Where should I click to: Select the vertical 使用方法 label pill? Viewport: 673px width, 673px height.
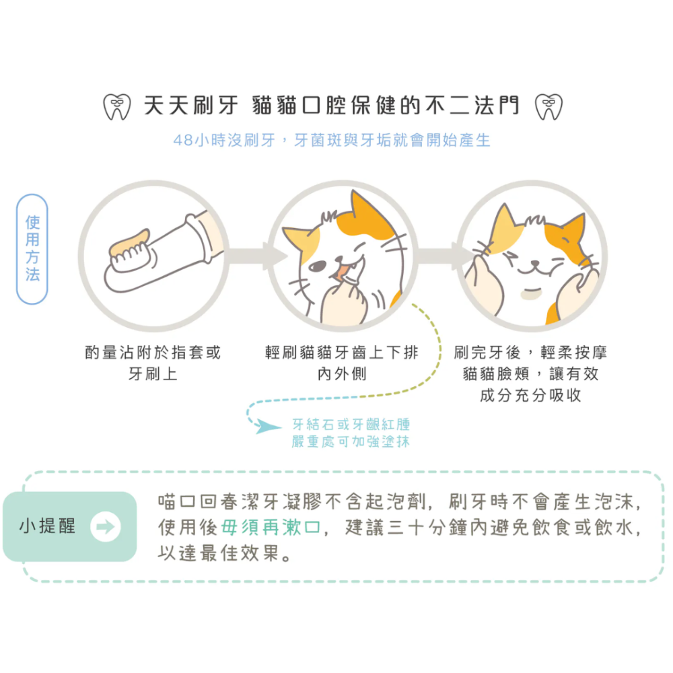click(x=32, y=249)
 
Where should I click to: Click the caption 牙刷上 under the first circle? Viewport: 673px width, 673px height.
click(x=153, y=374)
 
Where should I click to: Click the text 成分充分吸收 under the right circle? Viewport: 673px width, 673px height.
click(x=530, y=396)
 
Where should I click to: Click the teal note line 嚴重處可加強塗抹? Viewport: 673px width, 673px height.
click(x=351, y=442)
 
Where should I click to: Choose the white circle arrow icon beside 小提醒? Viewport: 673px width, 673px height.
click(x=105, y=526)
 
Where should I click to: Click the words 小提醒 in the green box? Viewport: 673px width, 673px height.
click(x=48, y=526)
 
